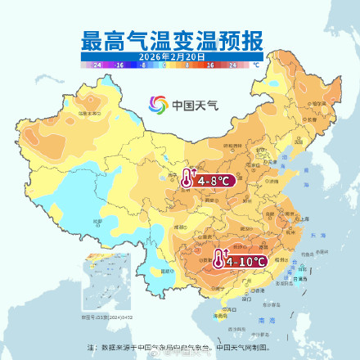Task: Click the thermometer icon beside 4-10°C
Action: coord(219,259)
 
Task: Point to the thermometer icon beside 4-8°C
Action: coord(188,179)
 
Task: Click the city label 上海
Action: coord(304,219)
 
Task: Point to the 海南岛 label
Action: coord(218,314)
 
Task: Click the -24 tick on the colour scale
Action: coord(97,63)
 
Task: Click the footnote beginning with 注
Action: coord(180,348)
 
